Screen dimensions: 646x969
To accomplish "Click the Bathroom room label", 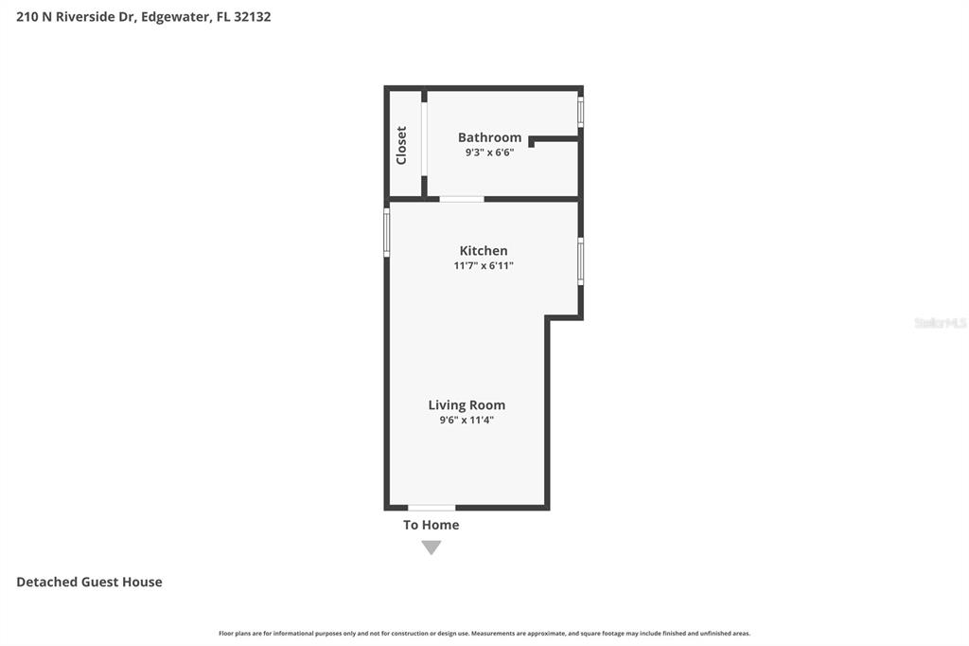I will (489, 137).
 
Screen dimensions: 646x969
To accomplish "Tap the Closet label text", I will (401, 145).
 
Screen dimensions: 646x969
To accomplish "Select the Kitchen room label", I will (484, 251).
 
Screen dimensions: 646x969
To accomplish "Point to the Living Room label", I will (467, 405).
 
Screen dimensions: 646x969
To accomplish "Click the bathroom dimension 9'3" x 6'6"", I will (489, 153).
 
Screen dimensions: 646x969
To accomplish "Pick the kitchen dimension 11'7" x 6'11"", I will (484, 266).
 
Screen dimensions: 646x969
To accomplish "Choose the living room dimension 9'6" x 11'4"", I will (467, 421).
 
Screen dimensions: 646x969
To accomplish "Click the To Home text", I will (431, 525).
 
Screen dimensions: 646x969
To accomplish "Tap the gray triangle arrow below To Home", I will (432, 547).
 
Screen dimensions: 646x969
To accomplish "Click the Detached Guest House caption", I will (89, 582).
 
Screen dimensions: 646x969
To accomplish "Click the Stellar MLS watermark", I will (940, 323).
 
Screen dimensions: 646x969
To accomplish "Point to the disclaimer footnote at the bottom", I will (484, 634).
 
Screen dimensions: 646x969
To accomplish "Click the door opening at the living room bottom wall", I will (432, 508).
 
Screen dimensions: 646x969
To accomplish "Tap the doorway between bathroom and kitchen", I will (462, 199).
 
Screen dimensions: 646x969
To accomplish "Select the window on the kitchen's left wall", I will (387, 232).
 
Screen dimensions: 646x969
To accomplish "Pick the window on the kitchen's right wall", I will (580, 261).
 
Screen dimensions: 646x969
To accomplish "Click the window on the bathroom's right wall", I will (580, 112).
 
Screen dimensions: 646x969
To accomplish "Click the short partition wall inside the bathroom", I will (555, 139).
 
